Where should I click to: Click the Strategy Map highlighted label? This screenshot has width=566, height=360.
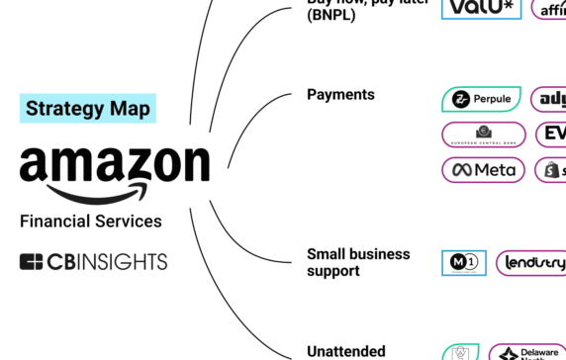pyautogui.click(x=88, y=108)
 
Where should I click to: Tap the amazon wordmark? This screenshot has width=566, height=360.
pyautogui.click(x=115, y=163)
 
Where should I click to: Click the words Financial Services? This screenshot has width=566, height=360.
pyautogui.click(x=90, y=221)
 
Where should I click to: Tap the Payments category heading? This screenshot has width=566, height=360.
pyautogui.click(x=340, y=95)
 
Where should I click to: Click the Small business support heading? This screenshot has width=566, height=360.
pyautogui.click(x=357, y=262)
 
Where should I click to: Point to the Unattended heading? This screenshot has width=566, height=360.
pyautogui.click(x=345, y=350)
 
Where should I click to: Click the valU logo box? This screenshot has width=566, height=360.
pyautogui.click(x=481, y=8)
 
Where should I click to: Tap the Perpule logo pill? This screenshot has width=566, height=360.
pyautogui.click(x=482, y=99)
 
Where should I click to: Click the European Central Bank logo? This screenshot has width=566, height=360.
pyautogui.click(x=483, y=135)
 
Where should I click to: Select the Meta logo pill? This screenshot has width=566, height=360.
pyautogui.click(x=483, y=170)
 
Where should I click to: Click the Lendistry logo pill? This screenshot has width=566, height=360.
pyautogui.click(x=531, y=263)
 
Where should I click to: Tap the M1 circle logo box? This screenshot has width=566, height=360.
pyautogui.click(x=463, y=263)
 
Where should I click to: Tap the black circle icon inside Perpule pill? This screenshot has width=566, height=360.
pyautogui.click(x=460, y=99)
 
